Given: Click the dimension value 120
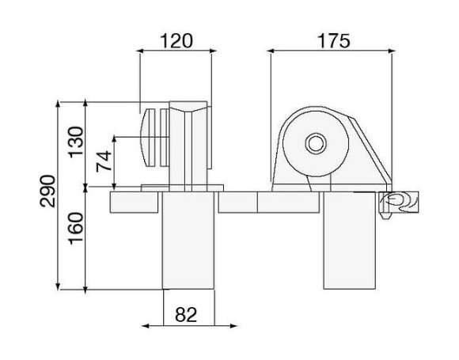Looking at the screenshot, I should click(176, 41).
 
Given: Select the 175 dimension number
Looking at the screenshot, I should click(333, 41).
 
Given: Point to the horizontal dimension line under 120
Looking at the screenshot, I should click(176, 52).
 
